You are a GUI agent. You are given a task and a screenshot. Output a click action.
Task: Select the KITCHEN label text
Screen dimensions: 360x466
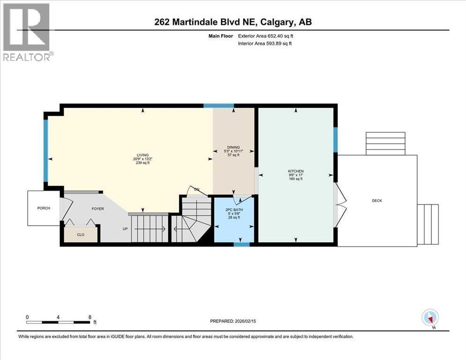[x=296, y=171]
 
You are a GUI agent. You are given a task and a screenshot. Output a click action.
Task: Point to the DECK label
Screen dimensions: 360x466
[x=377, y=201]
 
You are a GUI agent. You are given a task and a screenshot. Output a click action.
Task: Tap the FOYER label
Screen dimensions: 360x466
[x=98, y=209]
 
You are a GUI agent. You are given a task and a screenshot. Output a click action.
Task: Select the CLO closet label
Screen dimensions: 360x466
[x=81, y=234]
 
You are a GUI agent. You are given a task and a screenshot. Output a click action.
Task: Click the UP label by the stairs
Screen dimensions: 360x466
[x=124, y=229]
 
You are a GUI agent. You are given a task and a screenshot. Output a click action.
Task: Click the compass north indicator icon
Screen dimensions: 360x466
[x=430, y=318]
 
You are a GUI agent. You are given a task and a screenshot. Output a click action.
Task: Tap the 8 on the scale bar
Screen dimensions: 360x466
[x=89, y=317]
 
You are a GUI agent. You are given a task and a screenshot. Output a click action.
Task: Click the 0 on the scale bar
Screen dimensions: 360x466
[x=27, y=317]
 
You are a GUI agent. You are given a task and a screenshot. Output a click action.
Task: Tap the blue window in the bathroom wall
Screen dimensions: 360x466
[x=241, y=244]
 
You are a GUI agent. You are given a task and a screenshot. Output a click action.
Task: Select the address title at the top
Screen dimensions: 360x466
[x=233, y=22]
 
